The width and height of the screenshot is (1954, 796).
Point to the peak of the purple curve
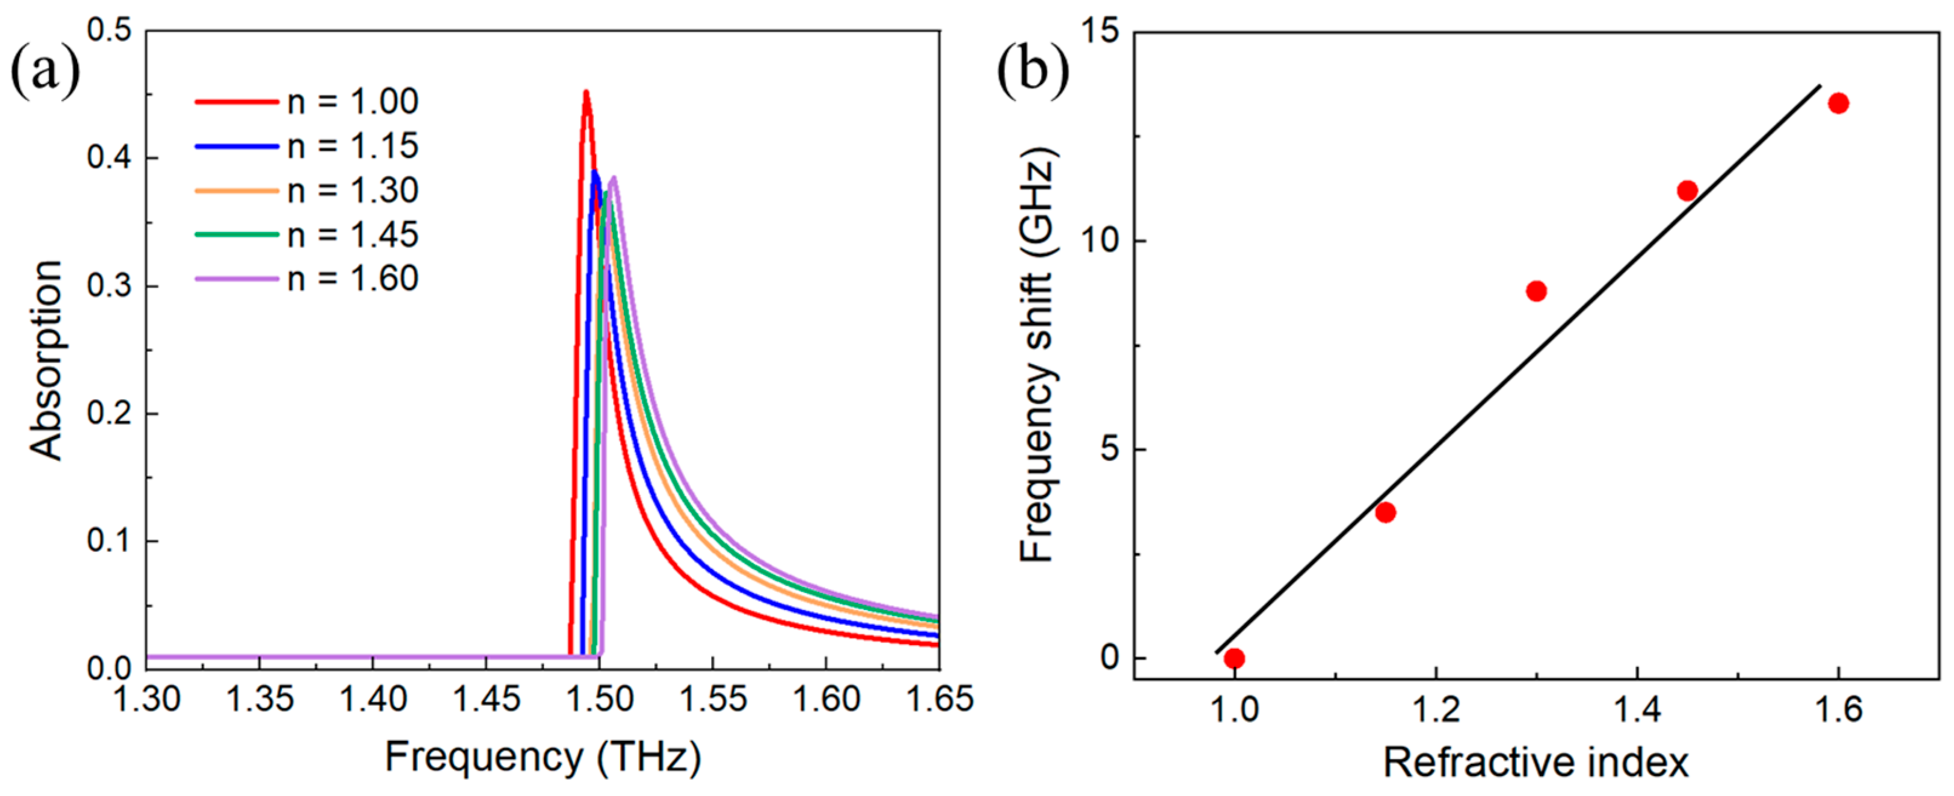(x=614, y=178)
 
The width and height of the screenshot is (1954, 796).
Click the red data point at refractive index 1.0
(x=1234, y=658)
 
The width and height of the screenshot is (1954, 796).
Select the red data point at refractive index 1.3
(x=1536, y=291)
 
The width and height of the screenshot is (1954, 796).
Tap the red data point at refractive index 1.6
(x=1838, y=103)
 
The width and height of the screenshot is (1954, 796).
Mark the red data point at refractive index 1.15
(x=1385, y=512)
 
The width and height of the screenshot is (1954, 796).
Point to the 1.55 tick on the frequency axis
(x=712, y=698)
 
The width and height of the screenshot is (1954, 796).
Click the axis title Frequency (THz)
(x=543, y=757)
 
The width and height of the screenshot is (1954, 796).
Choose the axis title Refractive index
(x=1536, y=763)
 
